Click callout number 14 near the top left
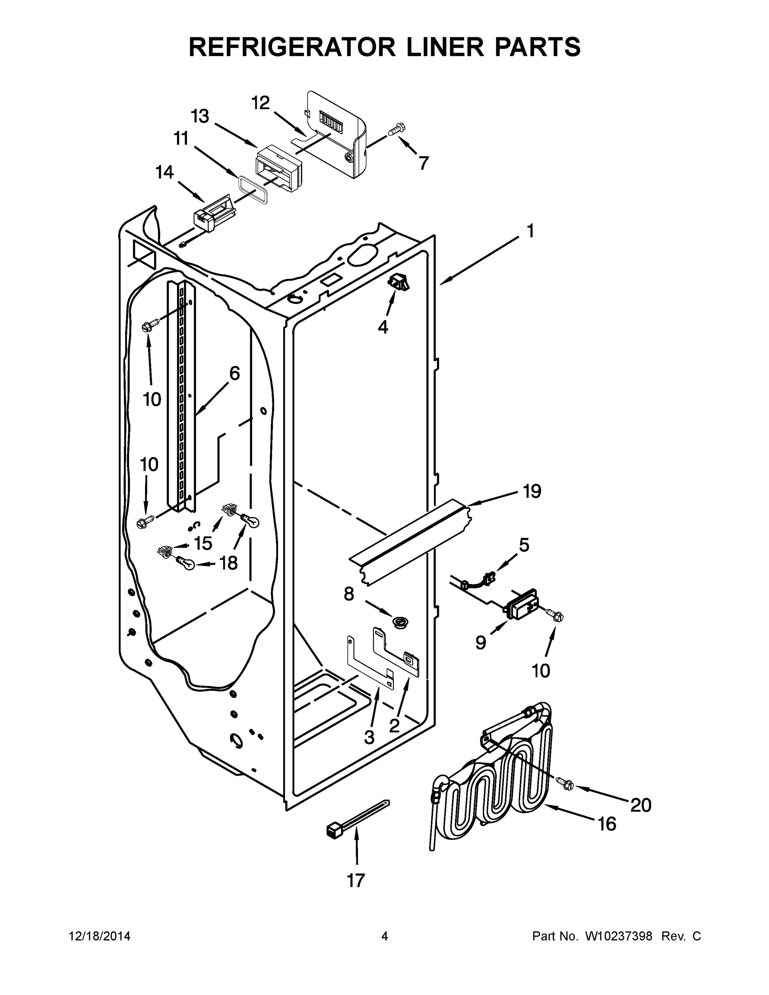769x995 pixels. click(x=165, y=172)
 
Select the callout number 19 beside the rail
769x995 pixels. click(x=531, y=491)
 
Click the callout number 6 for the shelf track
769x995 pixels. click(x=234, y=374)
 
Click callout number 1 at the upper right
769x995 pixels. click(x=530, y=231)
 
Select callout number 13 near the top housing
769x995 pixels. click(x=199, y=116)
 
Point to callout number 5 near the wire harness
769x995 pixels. click(x=524, y=544)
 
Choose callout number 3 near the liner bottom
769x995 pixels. click(x=369, y=737)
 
